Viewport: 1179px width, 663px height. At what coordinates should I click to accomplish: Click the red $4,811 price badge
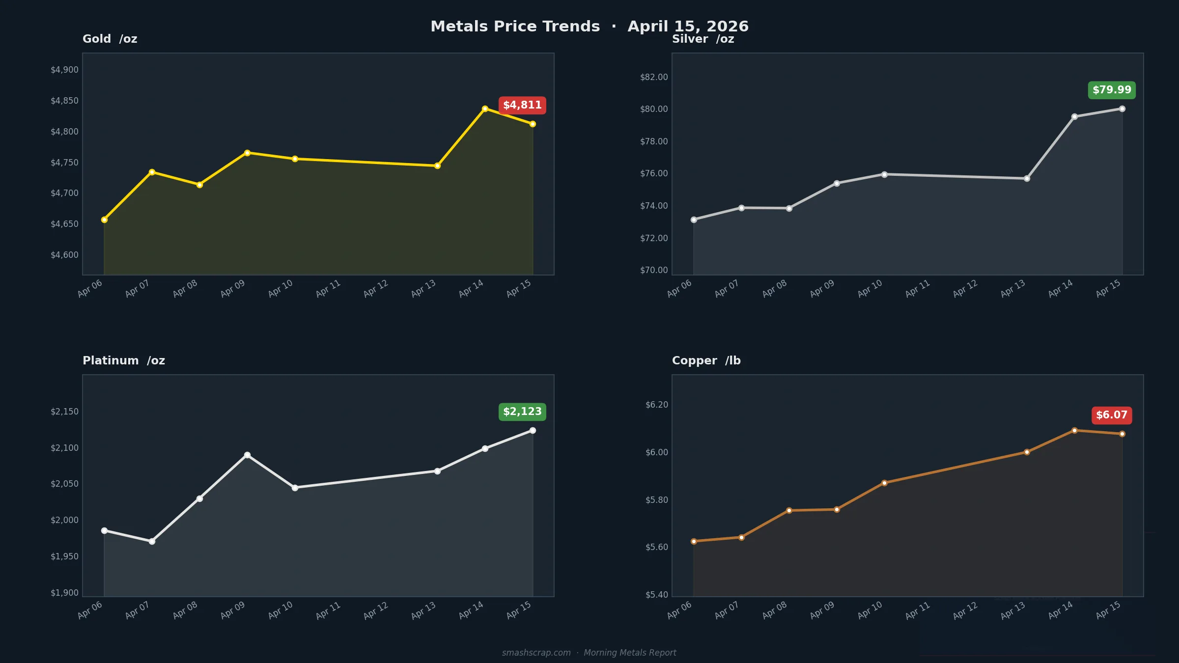tap(522, 105)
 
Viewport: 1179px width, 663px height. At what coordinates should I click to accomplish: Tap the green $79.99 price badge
tap(1112, 90)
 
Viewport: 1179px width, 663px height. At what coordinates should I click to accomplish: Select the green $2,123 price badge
tap(522, 412)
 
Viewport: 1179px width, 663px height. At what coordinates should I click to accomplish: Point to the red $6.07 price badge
tap(1112, 415)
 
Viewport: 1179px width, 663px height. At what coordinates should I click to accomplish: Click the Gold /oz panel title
tap(110, 39)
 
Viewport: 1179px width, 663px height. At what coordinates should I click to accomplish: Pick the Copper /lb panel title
tap(706, 360)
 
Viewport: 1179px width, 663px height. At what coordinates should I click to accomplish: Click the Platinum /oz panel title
tap(123, 360)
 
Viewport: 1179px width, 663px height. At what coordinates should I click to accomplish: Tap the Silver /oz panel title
tap(702, 39)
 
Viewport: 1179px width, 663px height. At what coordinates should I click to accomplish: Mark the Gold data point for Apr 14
tap(485, 109)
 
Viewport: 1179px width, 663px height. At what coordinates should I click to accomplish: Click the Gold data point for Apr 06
tap(104, 220)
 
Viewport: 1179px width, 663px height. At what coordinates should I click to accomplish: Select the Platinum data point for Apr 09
tap(247, 455)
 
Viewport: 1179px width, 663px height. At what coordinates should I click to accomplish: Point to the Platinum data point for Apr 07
tap(152, 541)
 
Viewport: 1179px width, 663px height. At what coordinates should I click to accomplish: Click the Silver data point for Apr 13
tap(1027, 178)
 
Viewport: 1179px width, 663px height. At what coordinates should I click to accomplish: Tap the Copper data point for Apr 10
tap(884, 483)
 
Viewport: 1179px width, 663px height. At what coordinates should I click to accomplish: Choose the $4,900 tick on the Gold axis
tap(64, 70)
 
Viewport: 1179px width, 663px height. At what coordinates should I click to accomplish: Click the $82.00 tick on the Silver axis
tap(654, 77)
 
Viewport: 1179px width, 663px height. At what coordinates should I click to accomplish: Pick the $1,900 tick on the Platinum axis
tap(64, 593)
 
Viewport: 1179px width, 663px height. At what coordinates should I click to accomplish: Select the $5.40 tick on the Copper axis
tap(656, 595)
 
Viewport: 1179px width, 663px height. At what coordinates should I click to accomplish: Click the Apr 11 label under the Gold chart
tap(328, 288)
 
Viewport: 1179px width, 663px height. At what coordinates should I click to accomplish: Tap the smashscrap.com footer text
tap(536, 653)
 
